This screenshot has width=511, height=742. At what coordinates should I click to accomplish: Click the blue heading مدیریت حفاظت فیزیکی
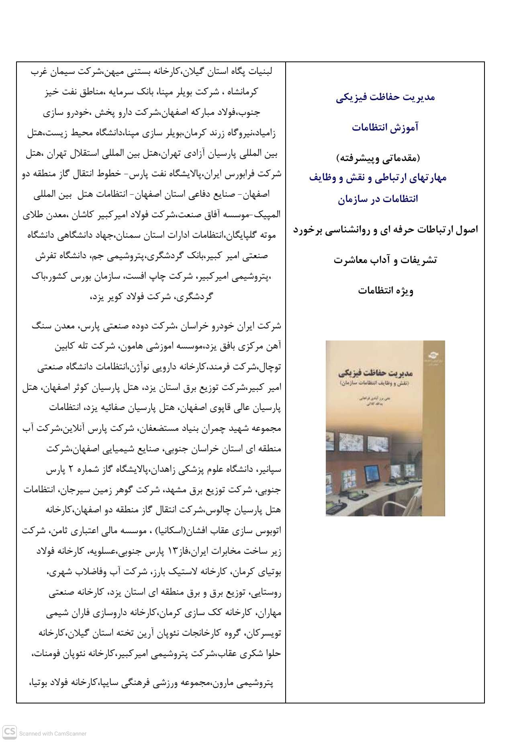point(385,97)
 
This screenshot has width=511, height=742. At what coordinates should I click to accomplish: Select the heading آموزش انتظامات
point(385,128)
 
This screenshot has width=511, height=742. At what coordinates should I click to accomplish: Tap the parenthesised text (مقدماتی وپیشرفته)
point(385,158)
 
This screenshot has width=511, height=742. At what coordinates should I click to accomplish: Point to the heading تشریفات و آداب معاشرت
point(385,260)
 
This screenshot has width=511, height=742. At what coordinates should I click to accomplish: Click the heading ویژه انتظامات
point(385,290)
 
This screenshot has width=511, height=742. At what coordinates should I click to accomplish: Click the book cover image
point(385,428)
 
